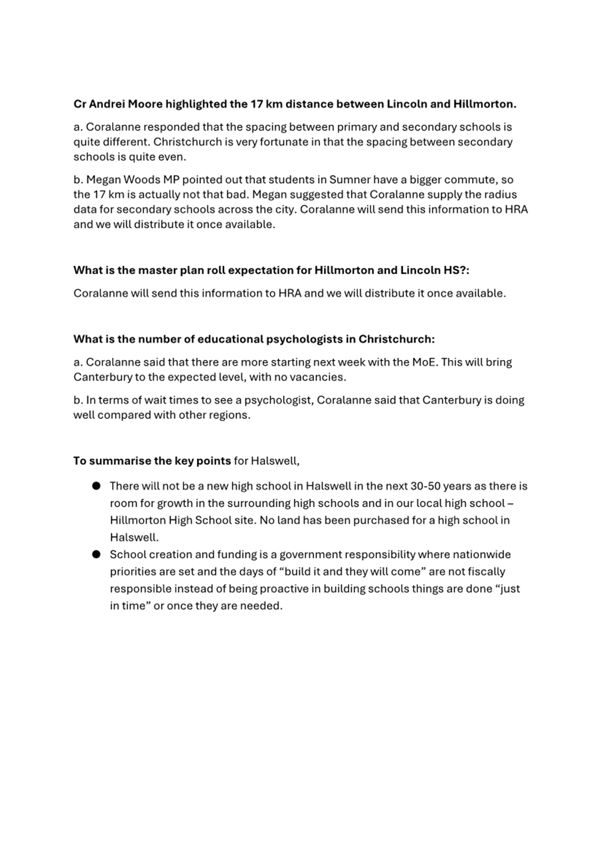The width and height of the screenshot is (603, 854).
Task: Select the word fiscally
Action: [x=486, y=572]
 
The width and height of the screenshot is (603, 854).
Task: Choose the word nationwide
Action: [x=481, y=554]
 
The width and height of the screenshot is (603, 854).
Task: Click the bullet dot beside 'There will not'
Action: [x=96, y=486]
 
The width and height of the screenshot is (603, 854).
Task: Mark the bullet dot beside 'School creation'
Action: [x=96, y=554]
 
